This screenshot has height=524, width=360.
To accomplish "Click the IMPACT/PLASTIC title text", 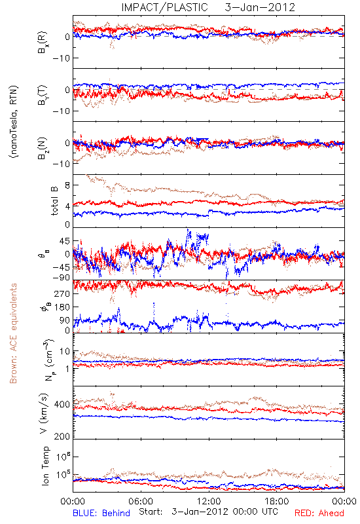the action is (x=164, y=7).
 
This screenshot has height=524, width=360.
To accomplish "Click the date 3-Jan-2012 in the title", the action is (x=260, y=7).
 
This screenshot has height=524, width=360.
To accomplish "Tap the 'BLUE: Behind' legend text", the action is (x=101, y=513).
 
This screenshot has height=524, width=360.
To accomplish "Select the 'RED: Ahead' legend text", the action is (x=319, y=513).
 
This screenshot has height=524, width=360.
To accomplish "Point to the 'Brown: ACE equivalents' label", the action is (x=13, y=333).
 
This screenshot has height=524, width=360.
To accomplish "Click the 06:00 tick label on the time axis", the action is (x=141, y=501).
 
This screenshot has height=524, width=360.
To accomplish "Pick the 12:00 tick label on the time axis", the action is (x=209, y=501).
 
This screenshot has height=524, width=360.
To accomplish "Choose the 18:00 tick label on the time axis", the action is (x=277, y=501).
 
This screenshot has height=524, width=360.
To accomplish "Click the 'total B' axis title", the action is (x=54, y=201).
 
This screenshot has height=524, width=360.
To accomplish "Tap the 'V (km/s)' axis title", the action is (x=45, y=413).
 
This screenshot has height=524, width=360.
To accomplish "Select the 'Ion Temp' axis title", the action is (x=45, y=466).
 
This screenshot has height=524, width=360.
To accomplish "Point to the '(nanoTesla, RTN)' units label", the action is (x=14, y=122).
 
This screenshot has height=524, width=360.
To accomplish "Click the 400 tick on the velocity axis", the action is (x=62, y=405).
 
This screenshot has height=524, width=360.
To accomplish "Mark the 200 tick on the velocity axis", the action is (x=62, y=436).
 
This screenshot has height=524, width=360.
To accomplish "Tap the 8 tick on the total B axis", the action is (x=68, y=185).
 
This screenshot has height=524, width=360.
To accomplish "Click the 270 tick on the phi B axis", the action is (x=62, y=293).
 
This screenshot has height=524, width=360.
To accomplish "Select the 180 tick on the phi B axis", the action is (x=62, y=307).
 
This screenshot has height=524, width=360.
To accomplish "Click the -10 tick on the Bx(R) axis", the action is (x=61, y=58).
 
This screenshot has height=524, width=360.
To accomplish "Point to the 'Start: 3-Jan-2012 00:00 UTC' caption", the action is (x=208, y=512).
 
